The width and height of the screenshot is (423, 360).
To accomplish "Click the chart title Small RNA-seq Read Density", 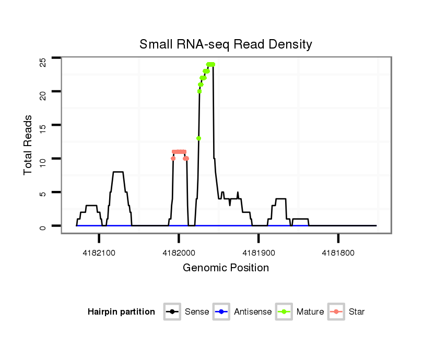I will [226, 44].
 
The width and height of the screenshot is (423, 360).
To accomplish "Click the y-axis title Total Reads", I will [29, 145].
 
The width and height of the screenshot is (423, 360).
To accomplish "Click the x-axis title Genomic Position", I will [226, 268].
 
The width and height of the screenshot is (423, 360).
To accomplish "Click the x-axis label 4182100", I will [99, 253].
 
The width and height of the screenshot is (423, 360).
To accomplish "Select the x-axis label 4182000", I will [179, 253].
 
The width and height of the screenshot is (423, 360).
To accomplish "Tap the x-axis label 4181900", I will [258, 253].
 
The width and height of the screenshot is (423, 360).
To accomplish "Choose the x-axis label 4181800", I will [338, 253].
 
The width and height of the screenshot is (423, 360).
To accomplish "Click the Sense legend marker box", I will [172, 312].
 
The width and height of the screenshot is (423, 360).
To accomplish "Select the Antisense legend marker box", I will [222, 312].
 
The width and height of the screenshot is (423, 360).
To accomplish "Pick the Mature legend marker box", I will [284, 312].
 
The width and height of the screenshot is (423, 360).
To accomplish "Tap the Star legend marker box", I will [336, 312].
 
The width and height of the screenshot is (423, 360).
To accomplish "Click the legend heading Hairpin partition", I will [121, 312].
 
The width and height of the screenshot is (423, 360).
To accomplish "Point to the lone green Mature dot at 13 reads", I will [198, 138].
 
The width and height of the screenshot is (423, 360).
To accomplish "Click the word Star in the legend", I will [357, 312].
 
